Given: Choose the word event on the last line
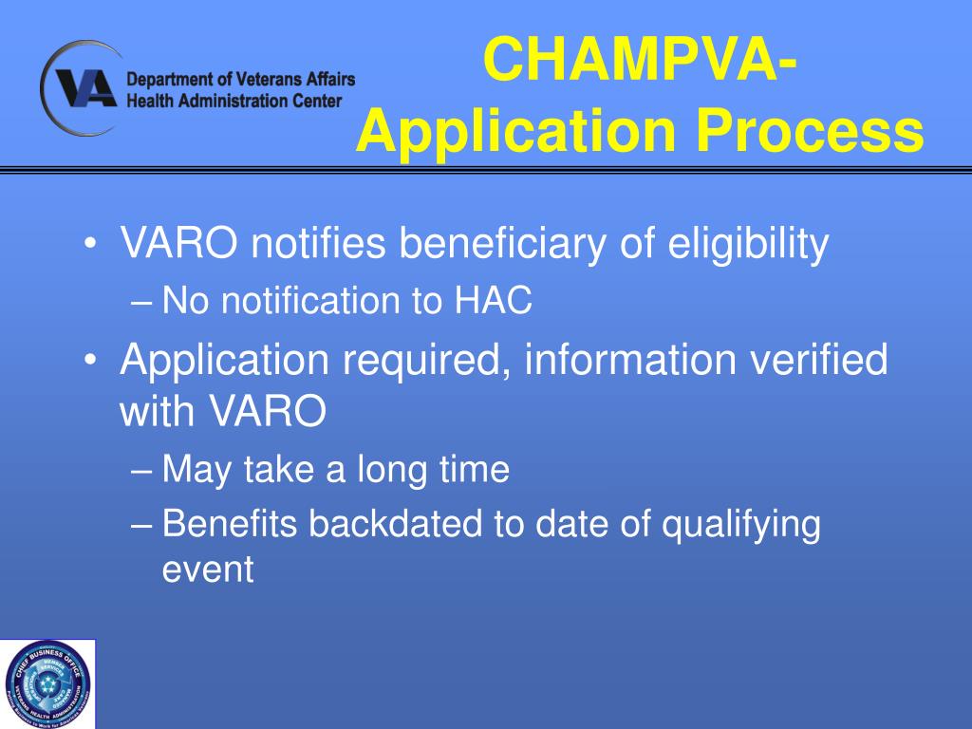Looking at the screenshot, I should (x=208, y=570).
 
